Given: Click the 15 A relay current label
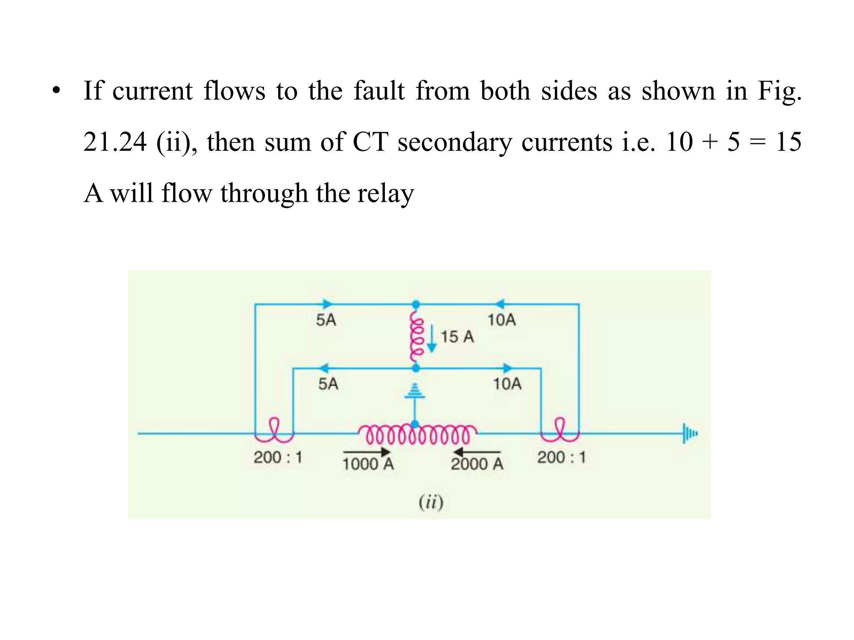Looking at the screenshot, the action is pyautogui.click(x=457, y=337).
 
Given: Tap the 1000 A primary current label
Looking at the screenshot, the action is pyautogui.click(x=368, y=464).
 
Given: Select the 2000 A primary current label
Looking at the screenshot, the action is pyautogui.click(x=477, y=464).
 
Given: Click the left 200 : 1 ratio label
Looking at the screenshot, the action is pyautogui.click(x=278, y=457).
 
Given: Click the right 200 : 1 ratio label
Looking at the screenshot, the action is pyautogui.click(x=561, y=457).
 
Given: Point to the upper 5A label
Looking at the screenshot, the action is pyautogui.click(x=326, y=320).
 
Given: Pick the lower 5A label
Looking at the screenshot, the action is pyautogui.click(x=328, y=384).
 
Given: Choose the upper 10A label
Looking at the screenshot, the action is pyautogui.click(x=502, y=320).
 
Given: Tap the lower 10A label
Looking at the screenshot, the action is pyautogui.click(x=507, y=384).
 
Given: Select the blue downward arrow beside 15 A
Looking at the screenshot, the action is pyautogui.click(x=432, y=338).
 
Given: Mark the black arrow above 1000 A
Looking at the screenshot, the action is pyautogui.click(x=367, y=452).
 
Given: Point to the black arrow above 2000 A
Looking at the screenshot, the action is pyautogui.click(x=477, y=452).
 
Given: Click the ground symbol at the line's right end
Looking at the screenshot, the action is pyautogui.click(x=690, y=434).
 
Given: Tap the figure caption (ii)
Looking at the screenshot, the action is pyautogui.click(x=431, y=502).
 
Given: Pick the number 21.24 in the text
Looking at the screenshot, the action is pyautogui.click(x=115, y=142).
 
